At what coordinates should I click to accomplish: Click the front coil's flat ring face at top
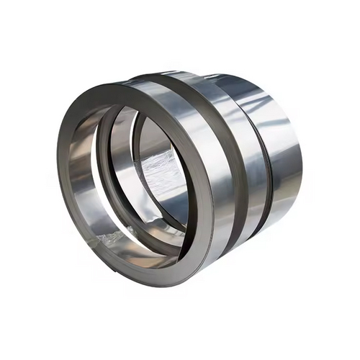pos(122,90)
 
